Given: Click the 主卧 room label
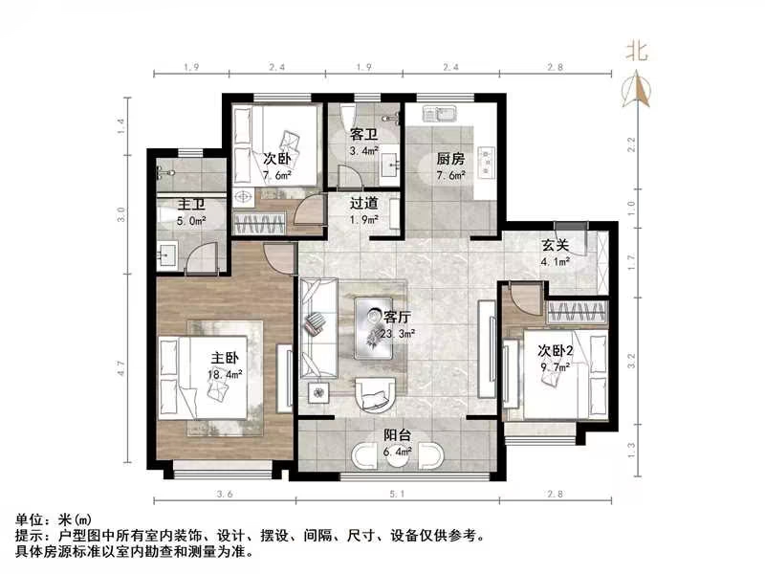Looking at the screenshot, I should click(x=225, y=359).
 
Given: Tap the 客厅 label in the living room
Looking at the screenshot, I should click(x=397, y=316).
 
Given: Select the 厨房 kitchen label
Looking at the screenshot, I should click(x=450, y=160).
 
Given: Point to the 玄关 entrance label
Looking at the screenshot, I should click(x=556, y=245).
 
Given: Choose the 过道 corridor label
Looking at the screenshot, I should click(x=362, y=203).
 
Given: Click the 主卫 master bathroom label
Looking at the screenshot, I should click(x=192, y=204).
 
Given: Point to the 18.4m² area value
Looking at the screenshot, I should click(x=227, y=374).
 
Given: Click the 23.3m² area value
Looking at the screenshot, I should click(x=399, y=332).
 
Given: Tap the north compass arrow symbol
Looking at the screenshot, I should click(x=637, y=91).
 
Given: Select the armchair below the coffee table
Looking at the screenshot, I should click(x=374, y=392).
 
